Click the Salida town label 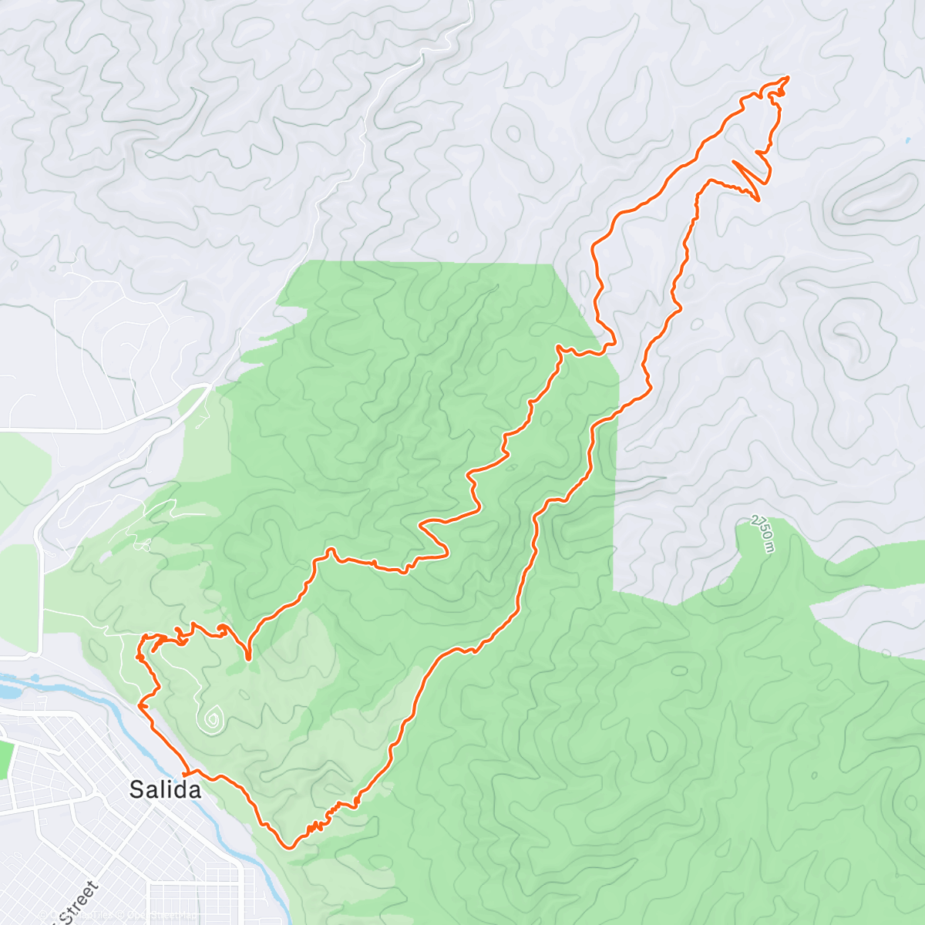click(x=165, y=789)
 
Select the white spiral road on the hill click(x=210, y=719)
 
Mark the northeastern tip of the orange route click(x=787, y=77)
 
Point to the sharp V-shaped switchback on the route click(x=758, y=200)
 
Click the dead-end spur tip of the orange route click(x=247, y=659)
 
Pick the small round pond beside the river click(x=35, y=679)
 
